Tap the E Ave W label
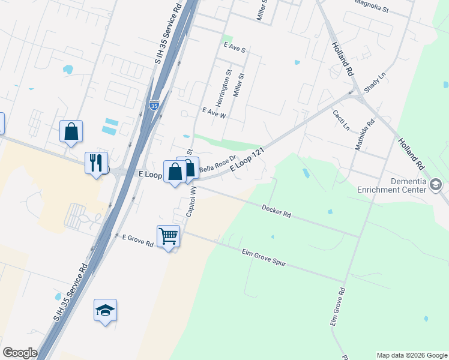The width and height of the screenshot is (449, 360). (x=214, y=112)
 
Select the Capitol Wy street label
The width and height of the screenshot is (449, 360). (x=191, y=200)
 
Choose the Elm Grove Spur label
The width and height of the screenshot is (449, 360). (x=265, y=258)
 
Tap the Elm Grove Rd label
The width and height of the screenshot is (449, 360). (x=337, y=307)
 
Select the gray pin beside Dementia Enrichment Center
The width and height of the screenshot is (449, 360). (x=436, y=185)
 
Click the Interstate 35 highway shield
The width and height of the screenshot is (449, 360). (x=154, y=106)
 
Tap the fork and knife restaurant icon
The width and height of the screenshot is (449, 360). (x=96, y=161)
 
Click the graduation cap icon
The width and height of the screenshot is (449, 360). (x=105, y=310)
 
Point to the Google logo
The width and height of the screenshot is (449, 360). (x=20, y=353)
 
